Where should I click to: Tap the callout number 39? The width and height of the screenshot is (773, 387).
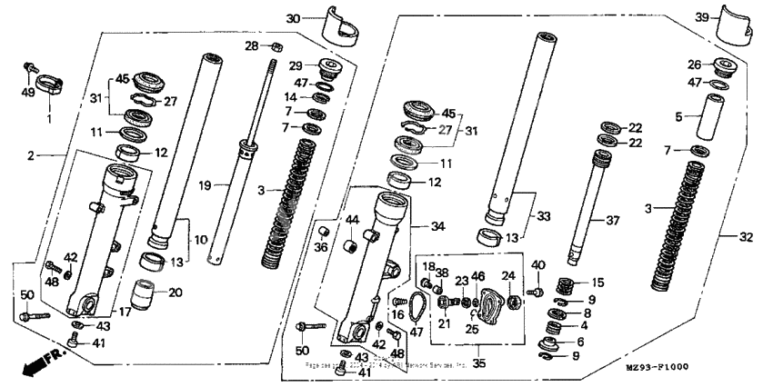[x=703, y=18]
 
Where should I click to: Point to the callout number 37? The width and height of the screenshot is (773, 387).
[x=616, y=221]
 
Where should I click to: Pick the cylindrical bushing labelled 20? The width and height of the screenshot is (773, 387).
[x=146, y=296]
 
